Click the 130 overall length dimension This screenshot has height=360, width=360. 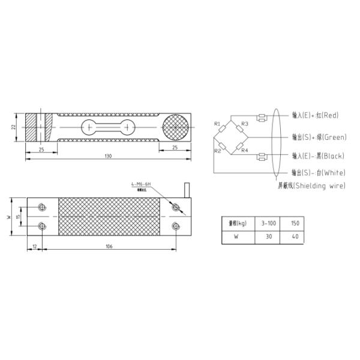point(109,157)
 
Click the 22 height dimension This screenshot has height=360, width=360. point(14,127)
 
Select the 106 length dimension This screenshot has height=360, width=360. point(109,246)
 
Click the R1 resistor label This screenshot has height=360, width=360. point(217,124)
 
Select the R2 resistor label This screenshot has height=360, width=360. point(217,151)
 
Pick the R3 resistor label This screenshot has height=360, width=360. point(245,124)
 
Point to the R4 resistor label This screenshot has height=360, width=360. point(245,150)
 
